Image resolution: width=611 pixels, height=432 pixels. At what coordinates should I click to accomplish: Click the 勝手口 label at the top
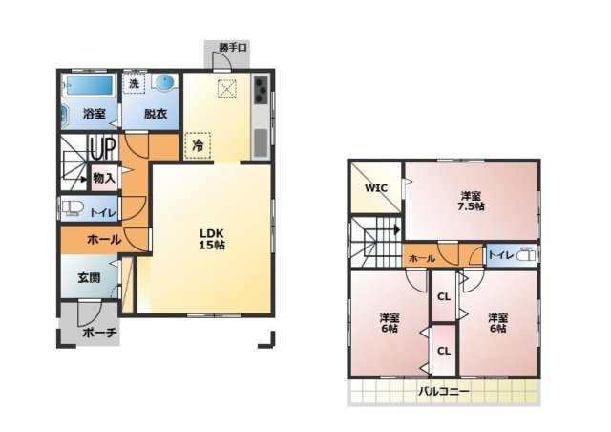(231, 46)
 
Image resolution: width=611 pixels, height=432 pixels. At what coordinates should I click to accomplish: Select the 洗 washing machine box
(134, 84)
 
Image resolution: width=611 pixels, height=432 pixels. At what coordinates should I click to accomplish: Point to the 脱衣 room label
(156, 115)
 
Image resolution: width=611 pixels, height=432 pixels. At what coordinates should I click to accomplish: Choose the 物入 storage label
(104, 178)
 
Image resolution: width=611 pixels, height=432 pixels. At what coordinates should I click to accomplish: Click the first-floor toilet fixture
(73, 209)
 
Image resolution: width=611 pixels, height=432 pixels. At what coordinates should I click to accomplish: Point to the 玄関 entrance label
(89, 278)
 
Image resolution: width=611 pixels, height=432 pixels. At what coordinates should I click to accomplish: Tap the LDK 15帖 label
(212, 238)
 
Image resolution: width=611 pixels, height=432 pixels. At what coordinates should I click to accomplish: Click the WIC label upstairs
(377, 188)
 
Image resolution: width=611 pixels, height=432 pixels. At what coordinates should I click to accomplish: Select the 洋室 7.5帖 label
(469, 202)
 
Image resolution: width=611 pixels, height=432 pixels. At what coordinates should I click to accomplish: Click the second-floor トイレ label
(499, 255)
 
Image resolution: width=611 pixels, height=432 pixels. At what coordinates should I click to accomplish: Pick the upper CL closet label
(443, 296)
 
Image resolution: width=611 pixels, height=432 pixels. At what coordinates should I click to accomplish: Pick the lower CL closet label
(443, 351)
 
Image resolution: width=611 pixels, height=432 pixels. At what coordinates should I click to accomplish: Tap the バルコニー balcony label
(443, 390)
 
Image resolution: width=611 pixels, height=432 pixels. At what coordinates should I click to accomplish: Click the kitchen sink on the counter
(261, 142)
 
